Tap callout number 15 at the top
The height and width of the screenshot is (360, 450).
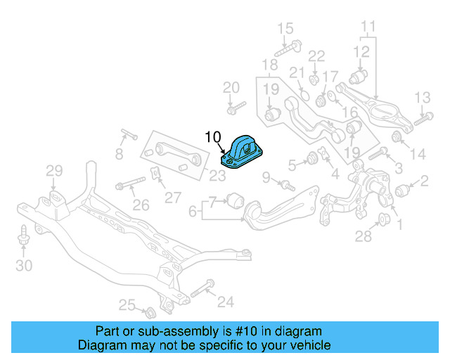(285, 29)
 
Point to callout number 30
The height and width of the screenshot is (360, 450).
(24, 265)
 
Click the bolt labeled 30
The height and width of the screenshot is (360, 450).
(24, 237)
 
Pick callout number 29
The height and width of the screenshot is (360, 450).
(54, 170)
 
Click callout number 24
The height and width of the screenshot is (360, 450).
(225, 302)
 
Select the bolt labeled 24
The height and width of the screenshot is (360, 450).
(200, 289)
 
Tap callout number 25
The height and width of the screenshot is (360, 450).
(127, 304)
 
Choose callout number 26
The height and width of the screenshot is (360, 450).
(141, 205)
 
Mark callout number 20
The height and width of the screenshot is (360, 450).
(231, 88)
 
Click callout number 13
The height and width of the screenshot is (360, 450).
(422, 97)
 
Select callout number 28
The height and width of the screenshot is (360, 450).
(363, 237)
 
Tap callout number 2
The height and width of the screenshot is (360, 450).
(424, 182)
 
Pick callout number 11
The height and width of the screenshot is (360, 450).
(368, 28)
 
